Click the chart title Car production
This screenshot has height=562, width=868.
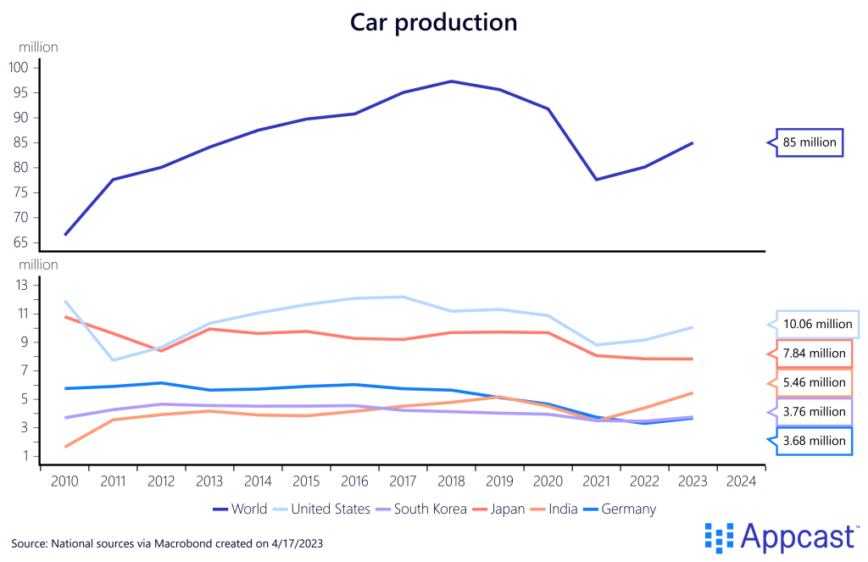433,22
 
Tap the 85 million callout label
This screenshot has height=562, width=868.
809,142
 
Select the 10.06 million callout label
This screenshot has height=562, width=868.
817,324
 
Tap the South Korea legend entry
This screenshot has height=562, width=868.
421,509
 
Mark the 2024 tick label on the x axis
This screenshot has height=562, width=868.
741,481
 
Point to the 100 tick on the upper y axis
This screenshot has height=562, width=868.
19,67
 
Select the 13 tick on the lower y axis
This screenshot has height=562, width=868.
23,285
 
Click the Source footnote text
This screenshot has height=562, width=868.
167,542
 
